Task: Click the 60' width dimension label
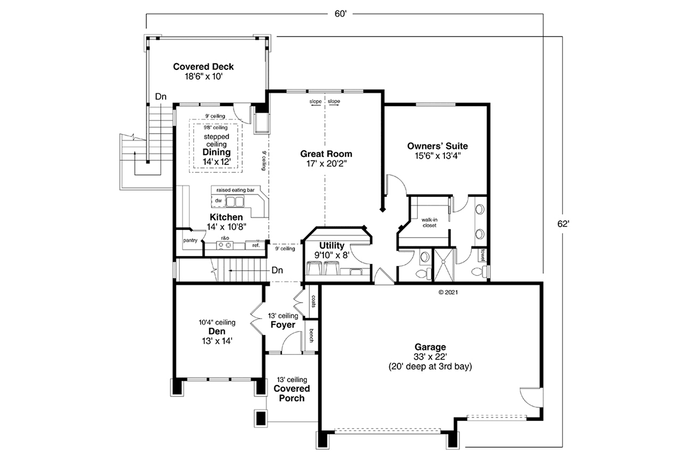tap(340, 14)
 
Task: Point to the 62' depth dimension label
tap(563, 224)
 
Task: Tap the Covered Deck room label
tap(203, 67)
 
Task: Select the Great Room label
tap(326, 154)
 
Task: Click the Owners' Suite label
tap(438, 146)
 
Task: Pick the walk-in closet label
tap(429, 222)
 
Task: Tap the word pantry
tap(190, 241)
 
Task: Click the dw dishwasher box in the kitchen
tap(218, 201)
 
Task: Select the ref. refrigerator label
tap(256, 245)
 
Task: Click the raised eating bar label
tap(235, 190)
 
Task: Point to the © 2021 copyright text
tap(448, 292)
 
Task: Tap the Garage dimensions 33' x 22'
tap(430, 357)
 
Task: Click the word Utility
tap(331, 246)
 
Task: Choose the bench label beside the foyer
tap(311, 336)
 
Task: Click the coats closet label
tap(314, 301)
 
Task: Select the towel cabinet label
tap(483, 255)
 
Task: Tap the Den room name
tap(217, 331)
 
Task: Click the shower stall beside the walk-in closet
tap(443, 265)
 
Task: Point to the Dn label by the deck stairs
tap(161, 97)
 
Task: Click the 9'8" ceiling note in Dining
tap(215, 128)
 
